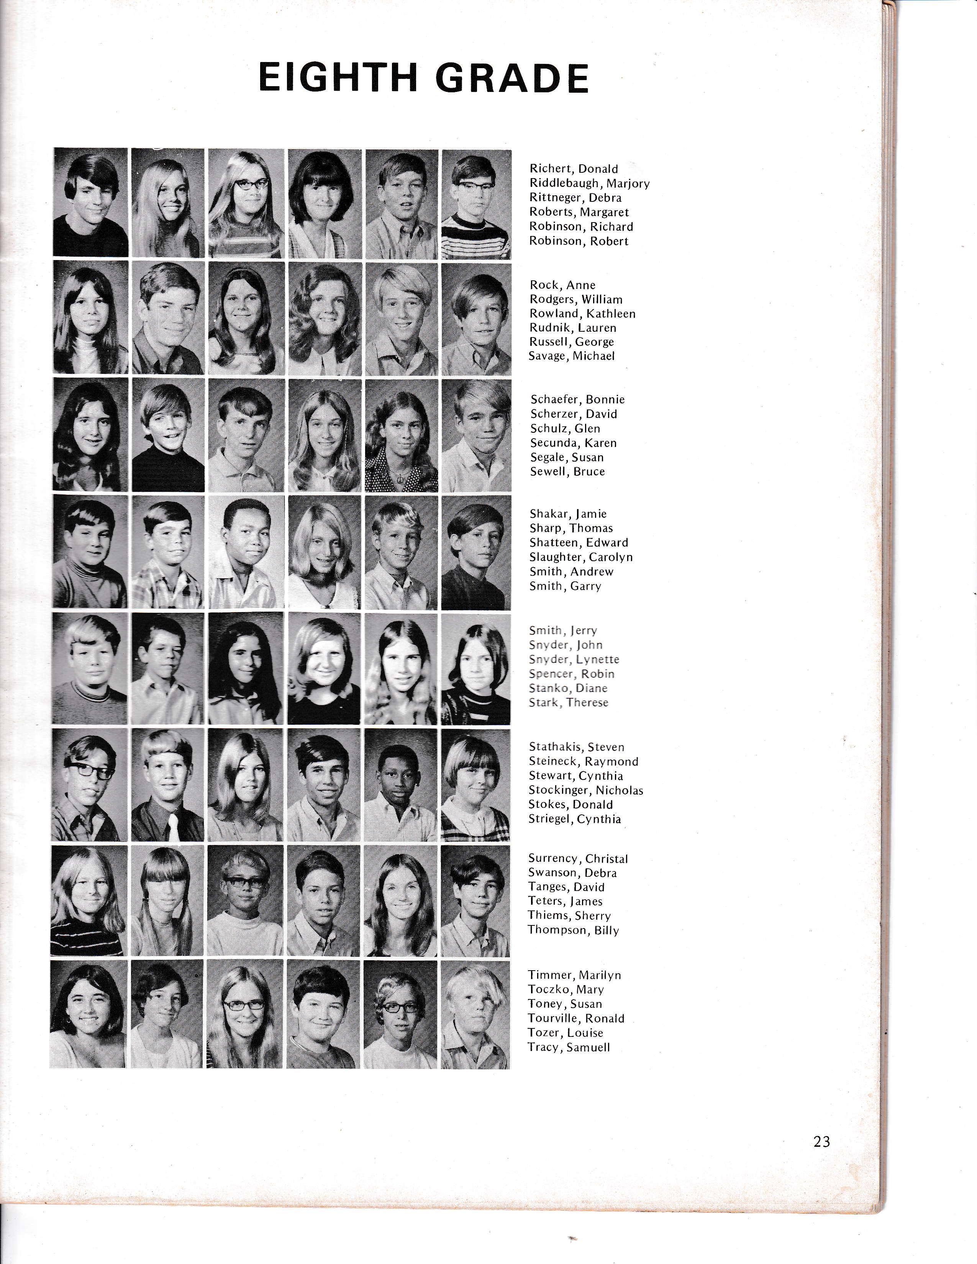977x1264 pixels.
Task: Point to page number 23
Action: point(822,1141)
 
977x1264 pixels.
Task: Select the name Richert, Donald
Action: point(574,169)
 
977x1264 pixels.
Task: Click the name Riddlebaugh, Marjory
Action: point(589,183)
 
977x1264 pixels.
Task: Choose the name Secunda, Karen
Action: point(574,443)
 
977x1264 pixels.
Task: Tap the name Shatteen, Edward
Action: point(578,542)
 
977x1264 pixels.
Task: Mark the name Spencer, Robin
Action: point(571,674)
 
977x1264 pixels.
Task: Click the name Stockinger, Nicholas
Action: point(586,790)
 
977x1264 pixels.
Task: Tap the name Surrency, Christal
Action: point(578,858)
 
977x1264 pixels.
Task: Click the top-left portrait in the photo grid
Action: point(90,203)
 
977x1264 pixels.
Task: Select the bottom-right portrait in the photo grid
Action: point(475,1015)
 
